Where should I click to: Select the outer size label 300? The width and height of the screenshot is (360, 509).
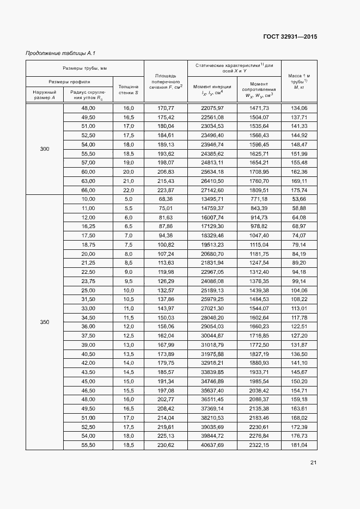point(45,149)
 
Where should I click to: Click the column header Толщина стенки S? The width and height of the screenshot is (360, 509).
point(129,89)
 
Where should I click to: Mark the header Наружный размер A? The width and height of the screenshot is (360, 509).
point(45,95)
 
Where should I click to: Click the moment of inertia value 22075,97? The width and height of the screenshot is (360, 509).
point(212,108)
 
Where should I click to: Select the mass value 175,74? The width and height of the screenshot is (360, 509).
point(299,190)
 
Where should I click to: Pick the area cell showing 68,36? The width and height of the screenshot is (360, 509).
point(166,199)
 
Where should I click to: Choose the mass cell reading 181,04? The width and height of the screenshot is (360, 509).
point(299,445)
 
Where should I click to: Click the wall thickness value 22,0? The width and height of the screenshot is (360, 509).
point(129,190)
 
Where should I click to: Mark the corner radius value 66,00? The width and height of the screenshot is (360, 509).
point(88,190)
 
